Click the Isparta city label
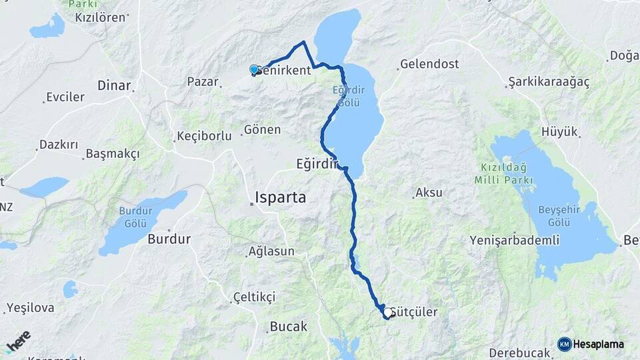point(281,197)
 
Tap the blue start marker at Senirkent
point(254,69)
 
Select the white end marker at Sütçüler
point(387,311)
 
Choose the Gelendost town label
point(430,65)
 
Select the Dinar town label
point(113,85)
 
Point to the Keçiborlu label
point(203,136)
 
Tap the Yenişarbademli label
point(514,240)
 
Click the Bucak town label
point(288,327)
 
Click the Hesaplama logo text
point(598,344)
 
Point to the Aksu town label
point(429,193)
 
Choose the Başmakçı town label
point(113,154)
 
